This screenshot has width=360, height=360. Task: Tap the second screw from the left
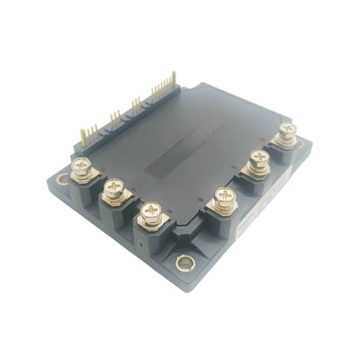point(113,188)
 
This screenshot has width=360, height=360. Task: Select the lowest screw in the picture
point(149,212)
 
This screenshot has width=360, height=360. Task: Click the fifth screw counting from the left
point(258,162)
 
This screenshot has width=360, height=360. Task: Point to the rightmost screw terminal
point(287,133)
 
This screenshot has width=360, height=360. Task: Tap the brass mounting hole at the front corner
point(185,264)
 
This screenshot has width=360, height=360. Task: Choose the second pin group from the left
point(114,117)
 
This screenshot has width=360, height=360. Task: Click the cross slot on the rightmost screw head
point(287,131)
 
